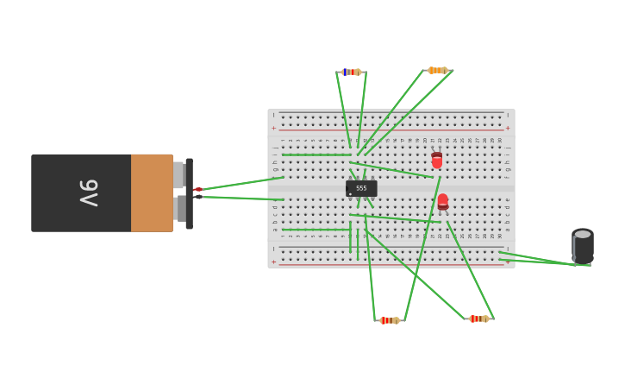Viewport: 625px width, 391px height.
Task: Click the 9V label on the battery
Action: click(x=89, y=192)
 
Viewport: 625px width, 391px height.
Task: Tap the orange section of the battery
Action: click(x=152, y=192)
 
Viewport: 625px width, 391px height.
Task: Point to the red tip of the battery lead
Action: click(x=197, y=189)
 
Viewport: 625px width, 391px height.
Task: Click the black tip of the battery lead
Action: click(x=197, y=197)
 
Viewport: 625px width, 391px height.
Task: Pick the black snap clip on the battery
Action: click(x=189, y=193)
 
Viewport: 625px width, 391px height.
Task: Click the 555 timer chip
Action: click(x=361, y=188)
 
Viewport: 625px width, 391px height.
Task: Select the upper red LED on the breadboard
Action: click(x=437, y=161)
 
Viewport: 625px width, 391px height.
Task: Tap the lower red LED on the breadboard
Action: click(x=442, y=201)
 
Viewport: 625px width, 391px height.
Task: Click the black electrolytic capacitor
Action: click(x=583, y=245)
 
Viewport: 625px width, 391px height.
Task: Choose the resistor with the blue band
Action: click(x=351, y=72)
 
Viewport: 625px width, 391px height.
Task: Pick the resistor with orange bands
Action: click(x=438, y=70)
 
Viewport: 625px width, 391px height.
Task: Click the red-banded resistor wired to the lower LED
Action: click(x=479, y=318)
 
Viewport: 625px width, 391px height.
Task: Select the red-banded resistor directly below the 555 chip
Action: click(x=390, y=320)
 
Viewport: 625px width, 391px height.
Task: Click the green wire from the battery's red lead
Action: click(x=241, y=183)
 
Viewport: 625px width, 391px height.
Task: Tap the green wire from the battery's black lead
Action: click(x=241, y=198)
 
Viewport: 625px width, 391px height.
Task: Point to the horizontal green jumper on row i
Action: click(x=316, y=155)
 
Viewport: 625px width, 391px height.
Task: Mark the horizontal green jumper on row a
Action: click(x=316, y=230)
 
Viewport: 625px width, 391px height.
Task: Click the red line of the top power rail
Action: click(x=392, y=129)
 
